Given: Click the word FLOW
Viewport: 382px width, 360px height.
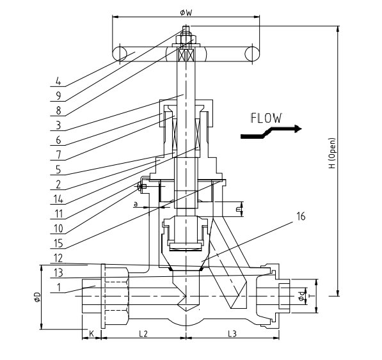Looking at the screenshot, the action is pos(266,118).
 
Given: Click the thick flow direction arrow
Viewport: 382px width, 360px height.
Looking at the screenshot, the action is pos(271,132).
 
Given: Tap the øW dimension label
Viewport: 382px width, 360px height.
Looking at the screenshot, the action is pos(186,12).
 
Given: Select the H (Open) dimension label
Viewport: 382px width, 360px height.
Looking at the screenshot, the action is pos(332,153).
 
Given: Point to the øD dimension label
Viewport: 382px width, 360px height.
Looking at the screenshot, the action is pos(37,297).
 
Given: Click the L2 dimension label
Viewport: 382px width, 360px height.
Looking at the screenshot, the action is pos(143,334).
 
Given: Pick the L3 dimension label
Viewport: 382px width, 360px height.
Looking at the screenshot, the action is pos(232,334).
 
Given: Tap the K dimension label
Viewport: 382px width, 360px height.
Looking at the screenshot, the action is pos(92,334).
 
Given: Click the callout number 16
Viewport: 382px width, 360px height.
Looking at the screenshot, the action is pos(301,216).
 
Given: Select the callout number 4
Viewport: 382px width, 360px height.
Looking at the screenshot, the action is pos(58,81).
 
